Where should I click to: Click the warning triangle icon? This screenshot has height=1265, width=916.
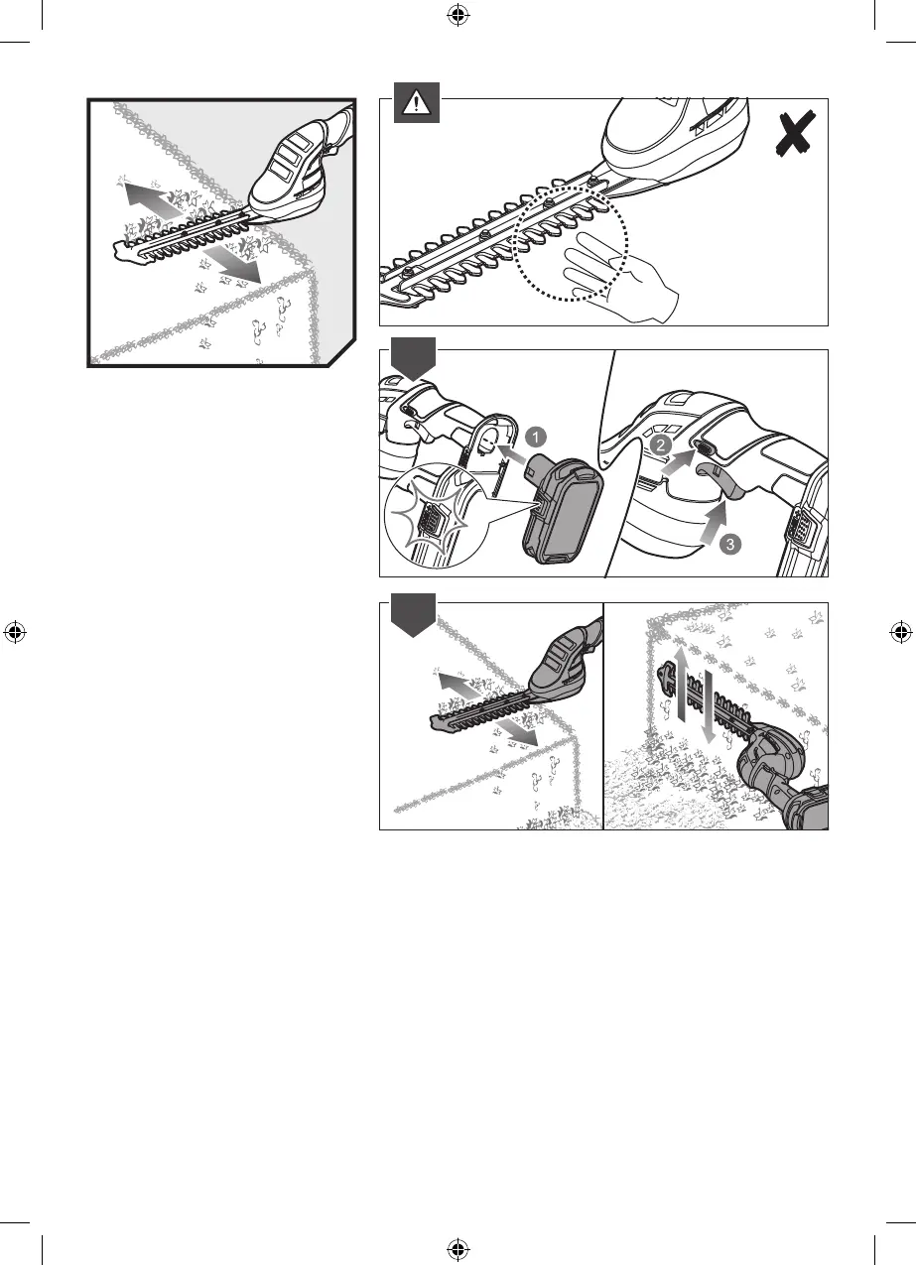(x=416, y=103)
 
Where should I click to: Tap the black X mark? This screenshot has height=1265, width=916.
(x=796, y=133)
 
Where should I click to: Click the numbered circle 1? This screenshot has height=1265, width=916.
(x=535, y=438)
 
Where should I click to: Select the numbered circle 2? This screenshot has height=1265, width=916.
(x=660, y=445)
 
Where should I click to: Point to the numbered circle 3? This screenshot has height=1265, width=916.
(x=730, y=545)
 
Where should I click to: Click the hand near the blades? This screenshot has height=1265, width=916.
(x=618, y=276)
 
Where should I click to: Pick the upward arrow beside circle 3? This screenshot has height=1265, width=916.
(x=715, y=522)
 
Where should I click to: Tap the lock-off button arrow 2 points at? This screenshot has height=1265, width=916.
(x=706, y=449)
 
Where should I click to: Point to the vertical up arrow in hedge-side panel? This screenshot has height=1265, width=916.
(x=682, y=684)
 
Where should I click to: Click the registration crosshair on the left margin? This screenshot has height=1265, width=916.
(x=15, y=633)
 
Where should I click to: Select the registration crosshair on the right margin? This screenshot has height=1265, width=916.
(x=901, y=633)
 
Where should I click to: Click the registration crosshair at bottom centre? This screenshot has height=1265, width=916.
(x=458, y=1250)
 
